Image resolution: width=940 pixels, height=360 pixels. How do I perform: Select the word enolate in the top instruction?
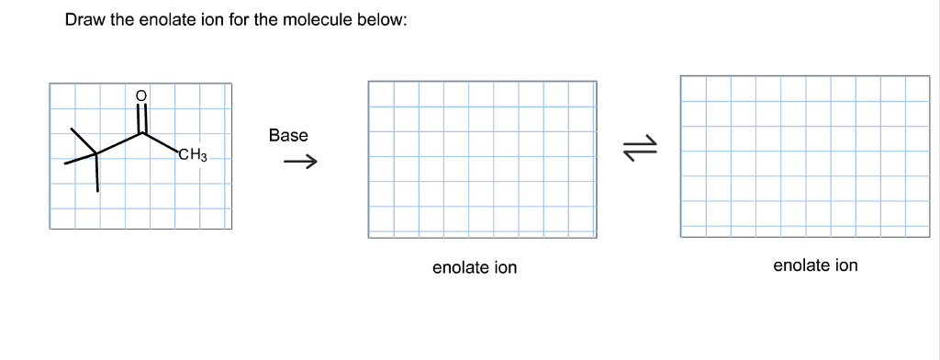coord(169,20)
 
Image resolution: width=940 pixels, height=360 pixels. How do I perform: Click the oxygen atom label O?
coord(140,95)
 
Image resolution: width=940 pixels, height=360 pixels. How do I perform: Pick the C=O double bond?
coord(141,118)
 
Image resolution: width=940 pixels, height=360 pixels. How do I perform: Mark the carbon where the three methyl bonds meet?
coord(97,155)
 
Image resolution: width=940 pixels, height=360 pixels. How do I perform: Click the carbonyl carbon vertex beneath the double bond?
coord(142,133)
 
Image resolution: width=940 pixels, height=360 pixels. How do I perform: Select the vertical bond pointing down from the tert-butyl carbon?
coord(97,174)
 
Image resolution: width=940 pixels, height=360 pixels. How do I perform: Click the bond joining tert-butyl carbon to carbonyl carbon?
coord(119,144)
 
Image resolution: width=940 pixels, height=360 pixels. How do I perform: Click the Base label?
coord(288,135)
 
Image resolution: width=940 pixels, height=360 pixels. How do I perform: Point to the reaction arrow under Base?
coord(299,164)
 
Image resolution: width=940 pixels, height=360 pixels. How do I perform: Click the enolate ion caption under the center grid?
coord(475,267)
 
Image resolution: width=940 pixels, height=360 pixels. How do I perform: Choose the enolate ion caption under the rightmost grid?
coord(815,265)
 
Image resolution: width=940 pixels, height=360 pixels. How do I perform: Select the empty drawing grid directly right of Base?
coord(482,160)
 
